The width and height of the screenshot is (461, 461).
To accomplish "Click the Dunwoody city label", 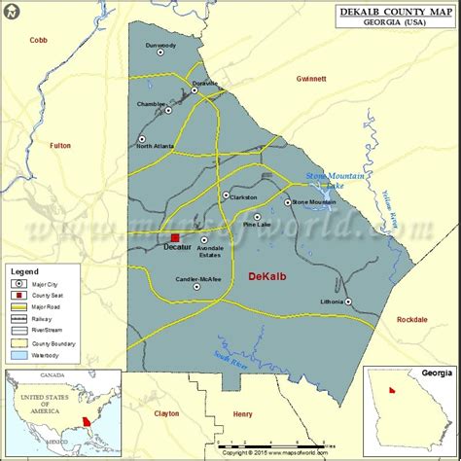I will click(x=160, y=45).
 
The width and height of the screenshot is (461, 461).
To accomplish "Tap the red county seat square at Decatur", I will click(x=175, y=237).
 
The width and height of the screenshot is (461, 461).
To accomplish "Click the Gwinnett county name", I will click(x=311, y=78).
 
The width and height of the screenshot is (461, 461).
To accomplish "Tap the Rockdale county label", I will click(x=412, y=319).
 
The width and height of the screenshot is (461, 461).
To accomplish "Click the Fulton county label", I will click(x=60, y=146).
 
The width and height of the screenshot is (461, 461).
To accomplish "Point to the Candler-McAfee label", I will click(x=198, y=279).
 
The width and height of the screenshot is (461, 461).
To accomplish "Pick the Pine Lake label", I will click(x=257, y=225).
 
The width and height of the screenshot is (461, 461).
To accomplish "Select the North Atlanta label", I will click(x=156, y=146).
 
